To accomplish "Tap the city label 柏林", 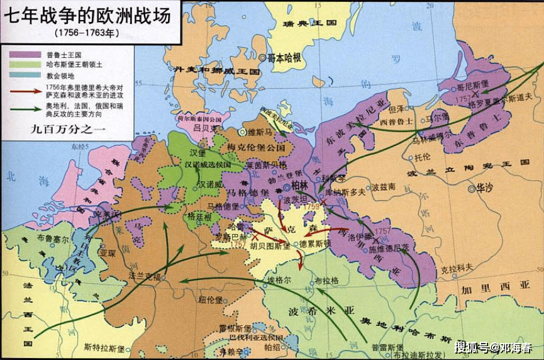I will click(301, 186).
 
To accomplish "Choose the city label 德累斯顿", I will click(315, 244).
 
